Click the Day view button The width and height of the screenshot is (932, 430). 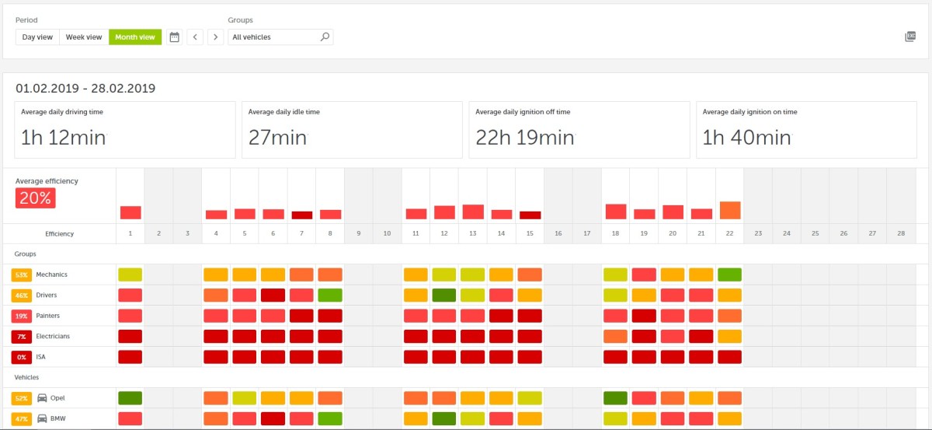coord(37,37)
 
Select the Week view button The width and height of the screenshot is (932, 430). coord(84,37)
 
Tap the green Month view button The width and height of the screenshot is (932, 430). coord(135,37)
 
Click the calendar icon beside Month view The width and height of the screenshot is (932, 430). coord(175,37)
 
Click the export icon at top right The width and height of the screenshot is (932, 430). coord(910,37)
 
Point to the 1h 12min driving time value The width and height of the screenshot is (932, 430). coord(64,138)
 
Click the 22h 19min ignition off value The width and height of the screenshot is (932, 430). coord(525,138)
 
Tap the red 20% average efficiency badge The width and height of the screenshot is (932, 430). coord(35,198)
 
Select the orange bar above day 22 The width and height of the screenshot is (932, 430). coord(730,211)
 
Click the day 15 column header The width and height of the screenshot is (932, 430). coord(530,233)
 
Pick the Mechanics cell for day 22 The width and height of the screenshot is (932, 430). coord(730,274)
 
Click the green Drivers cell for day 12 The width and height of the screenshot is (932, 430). coord(444,295)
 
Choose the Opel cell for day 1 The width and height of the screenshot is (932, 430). coord(130,398)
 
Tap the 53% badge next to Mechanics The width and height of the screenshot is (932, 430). coord(21,274)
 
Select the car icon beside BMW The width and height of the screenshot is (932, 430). coord(43,418)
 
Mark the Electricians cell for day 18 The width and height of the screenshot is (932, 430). coord(615,337)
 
